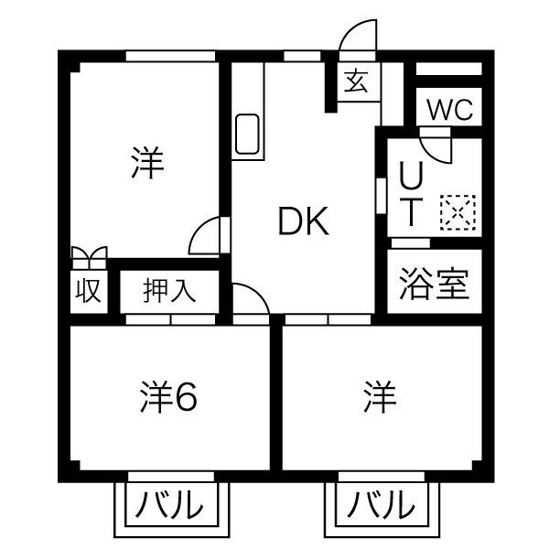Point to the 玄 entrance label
click(x=357, y=83)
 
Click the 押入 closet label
click(x=169, y=291)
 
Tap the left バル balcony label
click(x=170, y=504)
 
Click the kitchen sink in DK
click(x=248, y=135)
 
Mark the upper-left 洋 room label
click(x=146, y=164)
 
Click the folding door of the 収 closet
click(x=88, y=255)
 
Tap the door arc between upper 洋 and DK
click(x=206, y=237)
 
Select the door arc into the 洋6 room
click(x=249, y=298)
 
